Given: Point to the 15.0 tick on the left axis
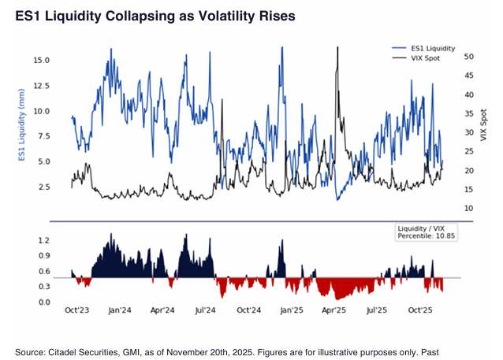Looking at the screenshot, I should pos(42,60).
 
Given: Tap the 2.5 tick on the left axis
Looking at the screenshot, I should pos(44,187).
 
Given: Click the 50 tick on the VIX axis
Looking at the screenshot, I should pos(446,57).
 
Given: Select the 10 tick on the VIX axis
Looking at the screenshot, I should pos(446,208).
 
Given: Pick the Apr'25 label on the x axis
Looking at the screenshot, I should pos(334,310).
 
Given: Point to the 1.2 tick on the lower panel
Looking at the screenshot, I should pos(44,240).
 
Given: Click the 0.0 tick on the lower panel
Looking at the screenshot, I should pos(44,302).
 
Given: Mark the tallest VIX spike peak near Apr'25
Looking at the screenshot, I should pos(337,47).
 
